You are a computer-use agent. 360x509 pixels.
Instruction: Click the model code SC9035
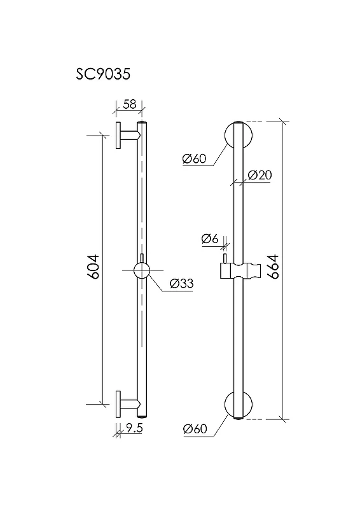point(103,74)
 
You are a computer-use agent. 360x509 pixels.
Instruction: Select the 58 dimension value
point(130,104)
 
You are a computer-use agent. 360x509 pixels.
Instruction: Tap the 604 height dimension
point(93,267)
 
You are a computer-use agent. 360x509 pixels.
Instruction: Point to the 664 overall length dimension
point(274,267)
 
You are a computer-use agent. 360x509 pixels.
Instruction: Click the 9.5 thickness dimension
point(134,428)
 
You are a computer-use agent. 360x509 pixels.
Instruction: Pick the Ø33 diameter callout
point(181,284)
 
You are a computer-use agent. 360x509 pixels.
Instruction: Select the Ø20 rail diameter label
point(260,176)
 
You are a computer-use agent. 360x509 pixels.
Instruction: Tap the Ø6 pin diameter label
point(210,239)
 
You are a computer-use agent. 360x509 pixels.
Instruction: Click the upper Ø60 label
point(194,158)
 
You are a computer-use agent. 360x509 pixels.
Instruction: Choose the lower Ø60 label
point(195,429)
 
